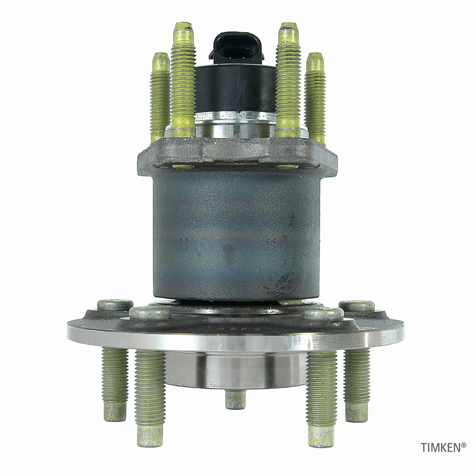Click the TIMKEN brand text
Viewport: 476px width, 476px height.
coord(443,447)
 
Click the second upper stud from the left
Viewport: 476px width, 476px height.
coord(183,79)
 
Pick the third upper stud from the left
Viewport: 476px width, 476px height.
coord(288,79)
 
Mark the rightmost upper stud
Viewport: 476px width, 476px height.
coord(315,97)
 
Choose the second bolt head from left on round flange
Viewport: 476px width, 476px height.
coord(150,313)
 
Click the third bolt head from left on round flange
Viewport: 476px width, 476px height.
coord(323,313)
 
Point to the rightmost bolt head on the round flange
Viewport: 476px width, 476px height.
coord(357,305)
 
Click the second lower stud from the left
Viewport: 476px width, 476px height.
coord(150,397)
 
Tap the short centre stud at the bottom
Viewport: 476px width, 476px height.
coord(236,399)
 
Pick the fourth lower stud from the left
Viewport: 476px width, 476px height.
coord(321,397)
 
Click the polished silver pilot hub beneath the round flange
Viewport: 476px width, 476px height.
coord(236,369)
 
